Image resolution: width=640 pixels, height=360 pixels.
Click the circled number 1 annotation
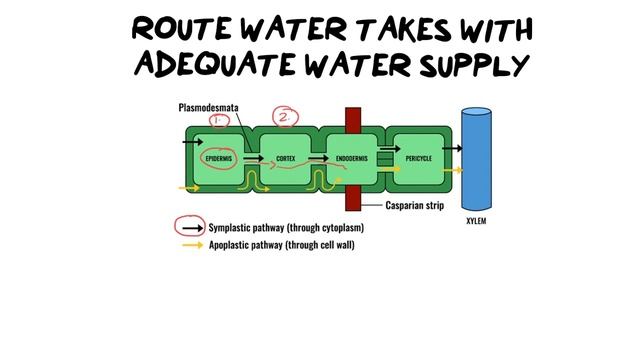tap(220, 120)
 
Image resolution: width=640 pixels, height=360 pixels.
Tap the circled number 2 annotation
tap(285, 117)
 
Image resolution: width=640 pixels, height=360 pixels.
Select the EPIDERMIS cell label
tap(218, 159)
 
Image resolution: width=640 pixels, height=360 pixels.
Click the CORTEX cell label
tap(285, 159)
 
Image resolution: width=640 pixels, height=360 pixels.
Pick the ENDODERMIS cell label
tap(351, 159)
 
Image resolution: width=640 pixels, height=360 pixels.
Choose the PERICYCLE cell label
tap(419, 159)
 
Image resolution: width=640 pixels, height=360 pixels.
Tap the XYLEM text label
tap(476, 221)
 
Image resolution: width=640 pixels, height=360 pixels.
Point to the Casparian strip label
tap(414, 207)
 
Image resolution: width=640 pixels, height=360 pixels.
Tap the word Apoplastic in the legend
tap(232, 243)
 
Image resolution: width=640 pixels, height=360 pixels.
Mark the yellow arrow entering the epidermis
tap(187, 187)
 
